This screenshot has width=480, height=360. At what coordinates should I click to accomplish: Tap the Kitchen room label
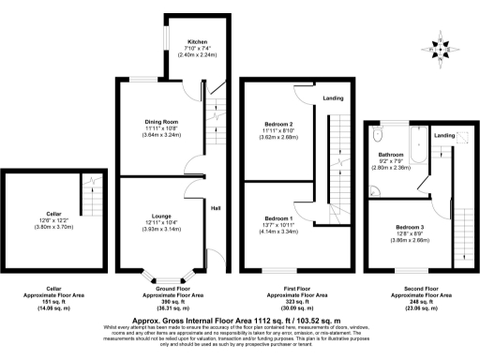pyautogui.click(x=197, y=42)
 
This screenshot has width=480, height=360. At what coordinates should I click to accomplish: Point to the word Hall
pyautogui.click(x=215, y=208)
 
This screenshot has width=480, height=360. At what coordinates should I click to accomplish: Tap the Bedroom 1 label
pyautogui.click(x=279, y=217)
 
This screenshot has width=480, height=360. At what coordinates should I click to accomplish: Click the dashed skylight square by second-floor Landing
pyautogui.click(x=457, y=136)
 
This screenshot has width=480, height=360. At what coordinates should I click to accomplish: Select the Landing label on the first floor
pyautogui.click(x=332, y=97)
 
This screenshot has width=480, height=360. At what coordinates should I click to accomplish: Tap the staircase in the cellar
pyautogui.click(x=91, y=194)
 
